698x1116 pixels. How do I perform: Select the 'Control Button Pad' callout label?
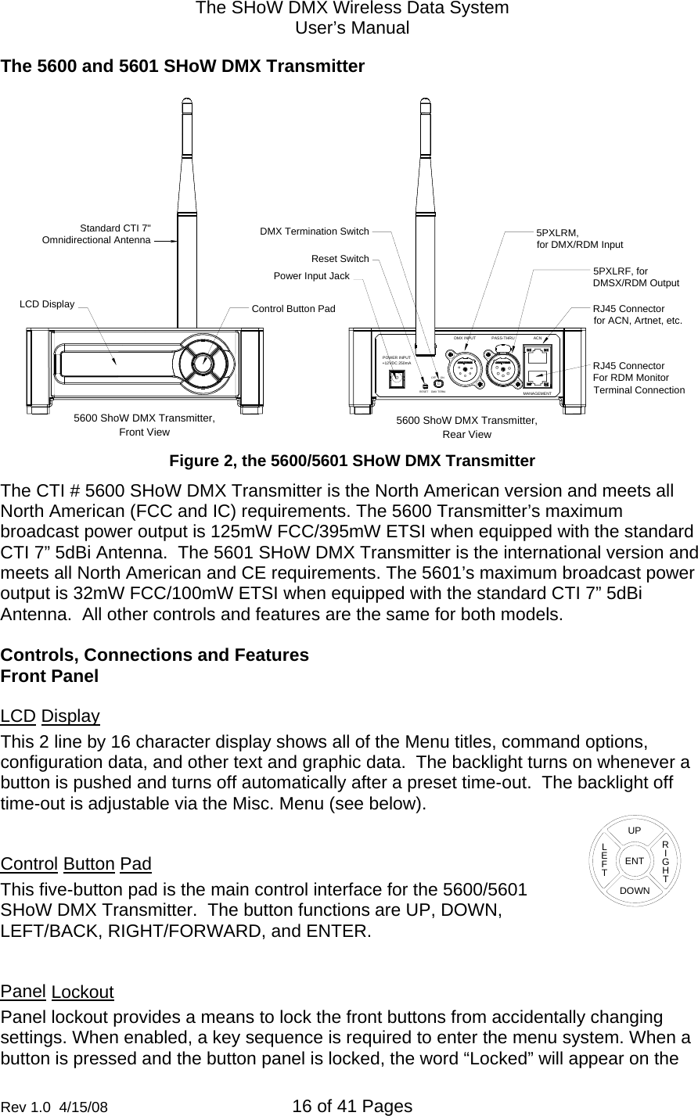[293, 309]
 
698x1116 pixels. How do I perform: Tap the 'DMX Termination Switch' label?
[314, 231]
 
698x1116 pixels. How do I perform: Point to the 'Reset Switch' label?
[340, 259]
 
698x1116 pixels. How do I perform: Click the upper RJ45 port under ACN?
[538, 356]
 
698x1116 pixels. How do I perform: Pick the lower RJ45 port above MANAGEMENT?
[538, 379]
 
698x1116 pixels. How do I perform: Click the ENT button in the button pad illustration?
[634, 860]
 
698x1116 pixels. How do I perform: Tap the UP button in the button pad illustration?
[635, 829]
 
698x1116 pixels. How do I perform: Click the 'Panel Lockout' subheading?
[57, 992]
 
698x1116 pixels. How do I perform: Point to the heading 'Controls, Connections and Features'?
[155, 655]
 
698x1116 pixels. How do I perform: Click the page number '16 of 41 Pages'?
[351, 1106]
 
